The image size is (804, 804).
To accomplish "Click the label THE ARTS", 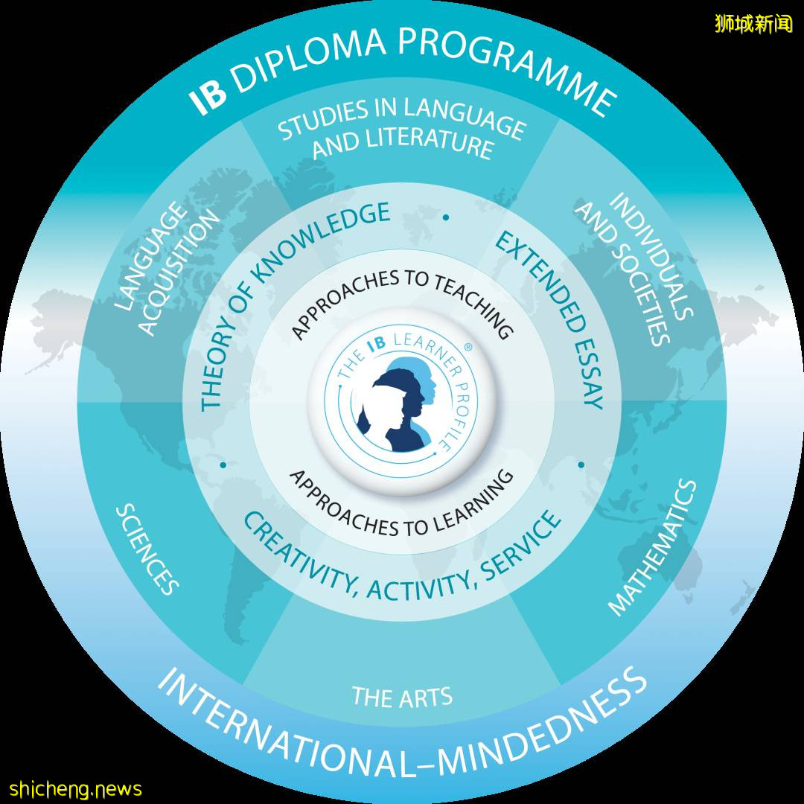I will pyautogui.click(x=402, y=697).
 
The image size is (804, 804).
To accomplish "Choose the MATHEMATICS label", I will pyautogui.click(x=654, y=548).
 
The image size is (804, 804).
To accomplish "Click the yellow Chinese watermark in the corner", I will pyautogui.click(x=753, y=23).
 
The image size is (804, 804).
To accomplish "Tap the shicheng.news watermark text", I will pyautogui.click(x=75, y=788).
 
